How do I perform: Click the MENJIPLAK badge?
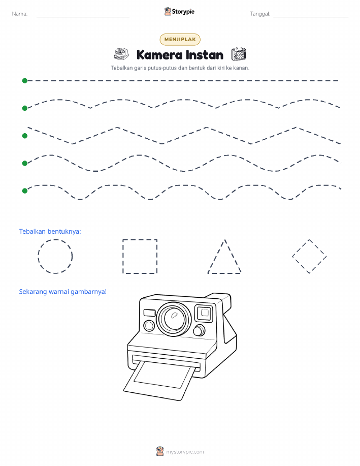tap(180, 39)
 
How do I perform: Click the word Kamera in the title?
tap(159, 55)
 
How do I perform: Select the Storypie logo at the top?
tap(179, 12)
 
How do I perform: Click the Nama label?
tap(20, 14)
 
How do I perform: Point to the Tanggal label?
tap(260, 14)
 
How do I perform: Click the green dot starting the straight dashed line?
tap(25, 80)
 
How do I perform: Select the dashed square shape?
tap(123, 256)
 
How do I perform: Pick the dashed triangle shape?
tap(216, 256)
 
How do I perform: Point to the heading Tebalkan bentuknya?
tap(50, 232)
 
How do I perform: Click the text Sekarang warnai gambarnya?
tap(62, 292)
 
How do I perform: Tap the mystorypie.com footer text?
tap(185, 452)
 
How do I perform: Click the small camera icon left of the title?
tap(121, 54)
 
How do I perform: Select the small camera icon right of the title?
tap(239, 54)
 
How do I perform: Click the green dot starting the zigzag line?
tap(25, 136)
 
